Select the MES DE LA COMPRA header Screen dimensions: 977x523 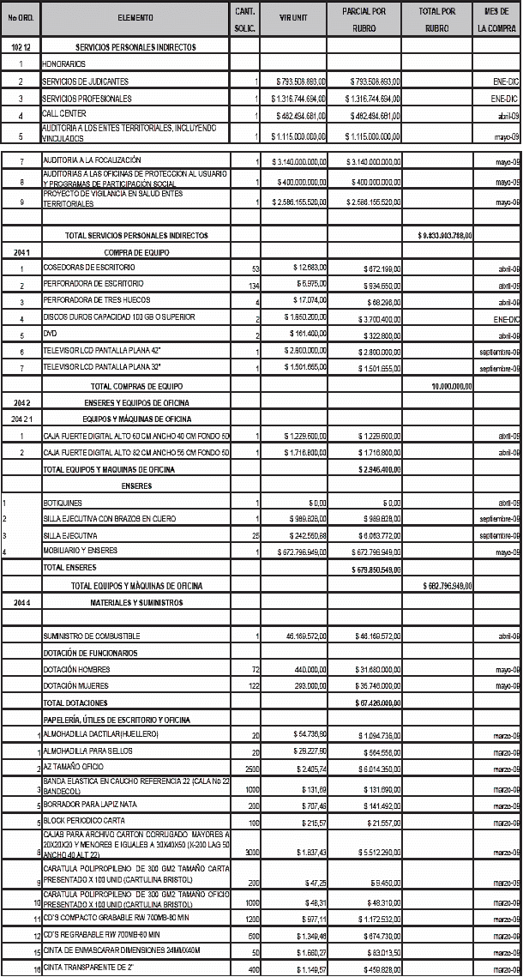click(498, 17)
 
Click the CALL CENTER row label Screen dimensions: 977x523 click(65, 112)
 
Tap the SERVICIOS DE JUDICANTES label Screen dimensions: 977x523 click(85, 81)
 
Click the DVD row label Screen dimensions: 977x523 click(49, 333)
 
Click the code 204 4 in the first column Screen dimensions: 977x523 click(21, 602)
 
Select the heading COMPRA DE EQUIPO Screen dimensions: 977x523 click(134, 252)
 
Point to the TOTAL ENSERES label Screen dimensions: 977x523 click(70, 567)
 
